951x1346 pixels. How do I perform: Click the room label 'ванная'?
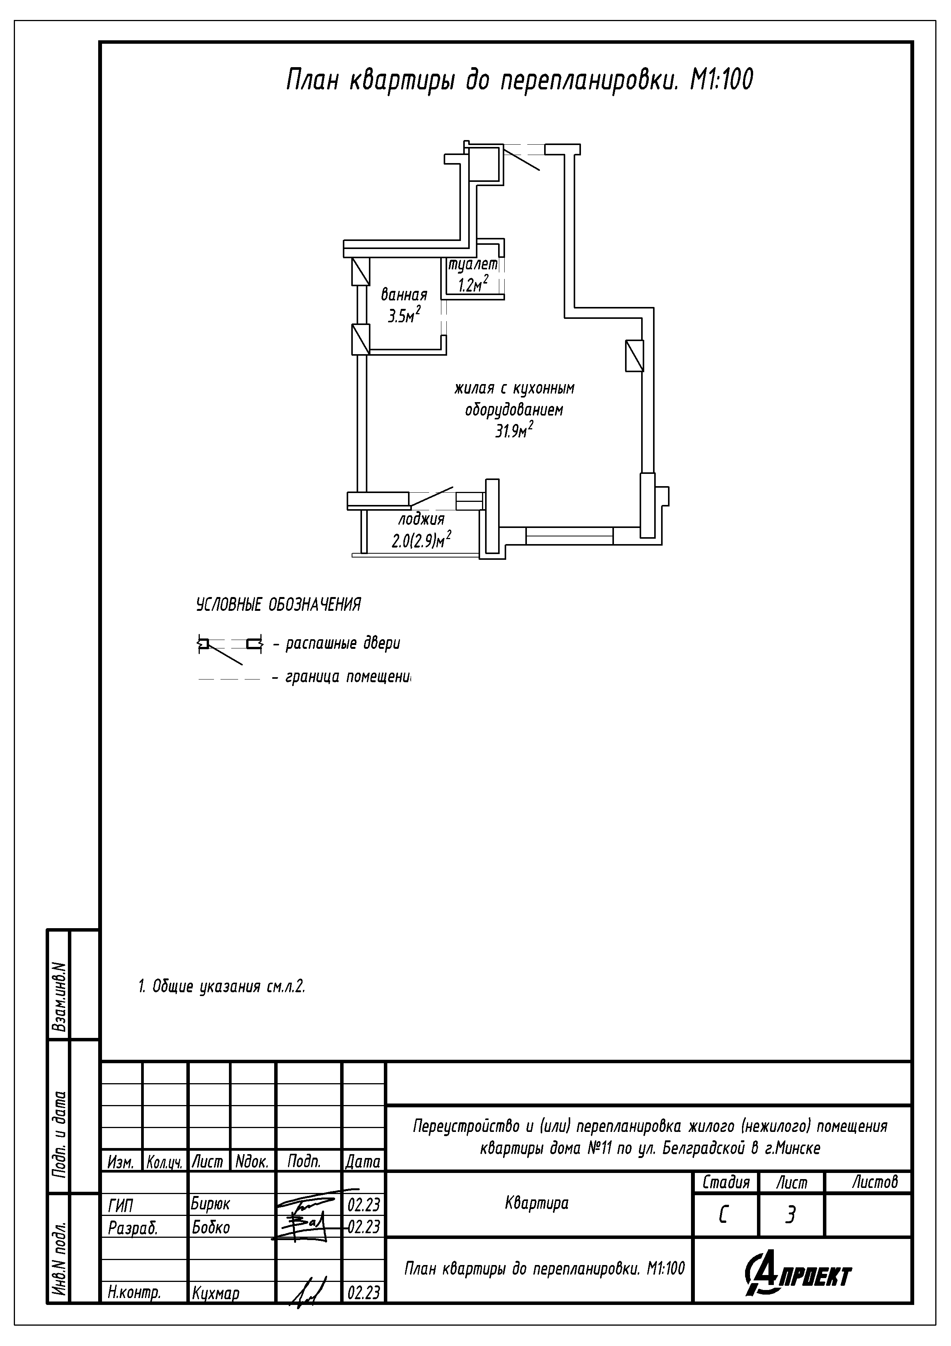pos(404,294)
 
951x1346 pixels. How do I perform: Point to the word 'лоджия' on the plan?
pos(421,519)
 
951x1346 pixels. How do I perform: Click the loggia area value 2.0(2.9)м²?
pos(421,539)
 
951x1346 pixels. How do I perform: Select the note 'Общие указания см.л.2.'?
pos(229,986)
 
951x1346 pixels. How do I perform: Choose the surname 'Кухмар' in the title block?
pos(216,1293)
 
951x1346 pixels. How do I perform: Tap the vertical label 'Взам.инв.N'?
pos(59,996)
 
